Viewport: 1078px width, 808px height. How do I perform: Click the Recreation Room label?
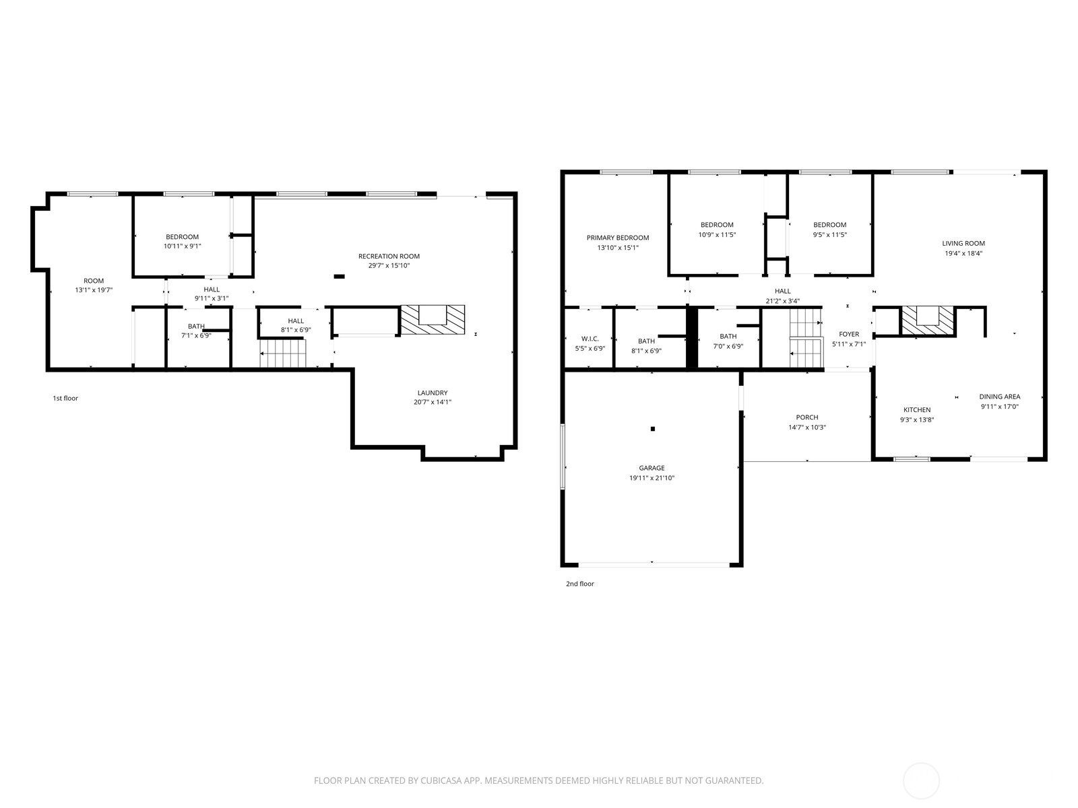pyautogui.click(x=389, y=256)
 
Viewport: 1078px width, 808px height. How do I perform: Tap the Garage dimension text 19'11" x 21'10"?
pyautogui.click(x=652, y=478)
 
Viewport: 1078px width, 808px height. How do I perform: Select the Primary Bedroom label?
pyautogui.click(x=617, y=238)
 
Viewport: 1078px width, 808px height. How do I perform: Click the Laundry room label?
pyautogui.click(x=432, y=393)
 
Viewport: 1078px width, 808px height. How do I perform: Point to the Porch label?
pyautogui.click(x=806, y=417)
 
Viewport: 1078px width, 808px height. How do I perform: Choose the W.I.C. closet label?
pyautogui.click(x=590, y=339)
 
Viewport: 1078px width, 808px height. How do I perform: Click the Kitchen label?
pyautogui.click(x=916, y=409)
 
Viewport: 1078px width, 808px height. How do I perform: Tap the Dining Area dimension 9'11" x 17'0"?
pyautogui.click(x=999, y=407)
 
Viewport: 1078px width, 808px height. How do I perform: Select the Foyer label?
pyautogui.click(x=848, y=334)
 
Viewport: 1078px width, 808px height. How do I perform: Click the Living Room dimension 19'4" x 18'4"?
pyautogui.click(x=963, y=254)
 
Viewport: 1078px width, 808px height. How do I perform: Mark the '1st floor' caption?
pyautogui.click(x=65, y=398)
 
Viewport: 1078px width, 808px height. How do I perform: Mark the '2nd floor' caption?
pyautogui.click(x=579, y=584)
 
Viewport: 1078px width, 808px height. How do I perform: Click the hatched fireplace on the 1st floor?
pyautogui.click(x=433, y=321)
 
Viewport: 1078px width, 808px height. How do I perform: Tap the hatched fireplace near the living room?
pyautogui.click(x=928, y=321)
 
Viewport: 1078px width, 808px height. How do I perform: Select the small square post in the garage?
pyautogui.click(x=652, y=429)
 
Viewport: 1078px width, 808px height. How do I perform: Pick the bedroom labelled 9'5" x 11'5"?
pyautogui.click(x=829, y=230)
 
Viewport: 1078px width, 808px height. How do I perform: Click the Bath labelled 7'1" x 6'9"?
pyautogui.click(x=196, y=331)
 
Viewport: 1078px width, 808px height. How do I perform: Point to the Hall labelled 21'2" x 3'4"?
pyautogui.click(x=782, y=296)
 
